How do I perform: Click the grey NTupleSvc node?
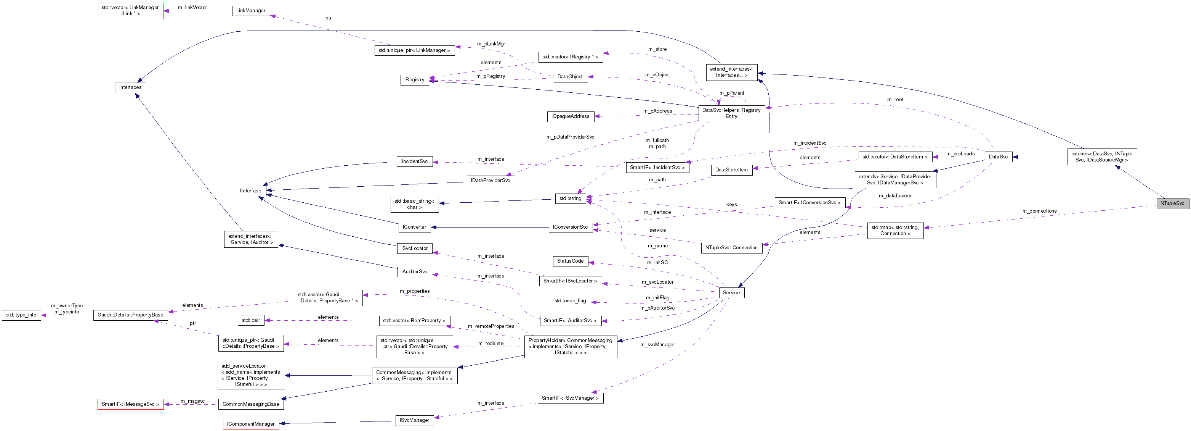click(1172, 203)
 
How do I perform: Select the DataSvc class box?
click(998, 157)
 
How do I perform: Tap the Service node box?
click(731, 292)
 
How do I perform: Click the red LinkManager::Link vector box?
click(130, 11)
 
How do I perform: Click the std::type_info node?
click(21, 315)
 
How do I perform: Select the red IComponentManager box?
click(251, 424)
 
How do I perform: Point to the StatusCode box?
click(570, 261)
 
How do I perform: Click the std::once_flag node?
click(570, 301)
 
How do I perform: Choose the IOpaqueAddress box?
click(570, 116)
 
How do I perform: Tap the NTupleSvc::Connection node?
click(731, 248)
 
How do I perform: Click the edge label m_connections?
click(1039, 211)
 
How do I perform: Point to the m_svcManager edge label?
click(657, 344)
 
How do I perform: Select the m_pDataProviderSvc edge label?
click(570, 137)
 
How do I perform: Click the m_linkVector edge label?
click(192, 7)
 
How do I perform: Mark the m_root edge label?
click(894, 100)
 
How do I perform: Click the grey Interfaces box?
click(130, 87)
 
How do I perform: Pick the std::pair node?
click(251, 320)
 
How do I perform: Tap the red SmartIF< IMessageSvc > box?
click(130, 404)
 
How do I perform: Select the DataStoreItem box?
click(731, 170)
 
